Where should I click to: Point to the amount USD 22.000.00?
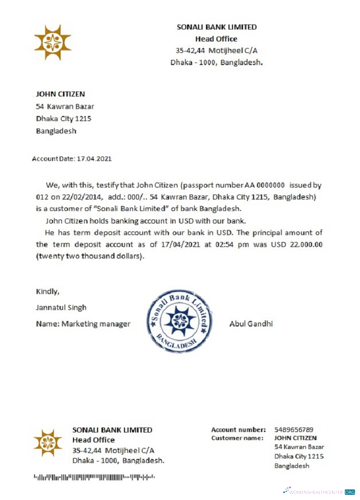tap(298, 245)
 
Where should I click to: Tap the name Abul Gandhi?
tap(251, 323)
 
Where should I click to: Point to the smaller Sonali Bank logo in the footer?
tap(47, 442)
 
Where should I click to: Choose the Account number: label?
tap(238, 429)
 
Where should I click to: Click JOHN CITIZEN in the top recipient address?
tap(60, 93)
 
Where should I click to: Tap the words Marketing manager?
tap(96, 323)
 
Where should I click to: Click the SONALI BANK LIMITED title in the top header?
tap(217, 27)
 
